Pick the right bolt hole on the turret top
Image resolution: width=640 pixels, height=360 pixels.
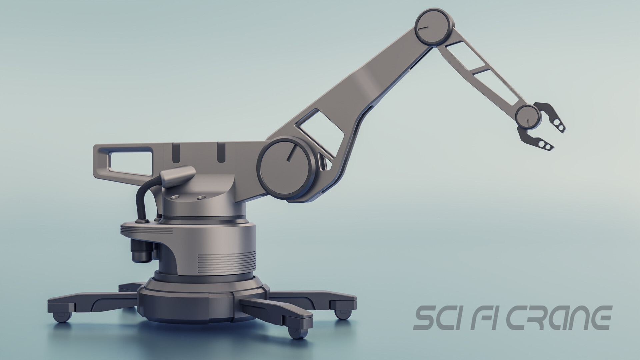click(201, 198)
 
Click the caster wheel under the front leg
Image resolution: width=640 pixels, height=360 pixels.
click(294, 333)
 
